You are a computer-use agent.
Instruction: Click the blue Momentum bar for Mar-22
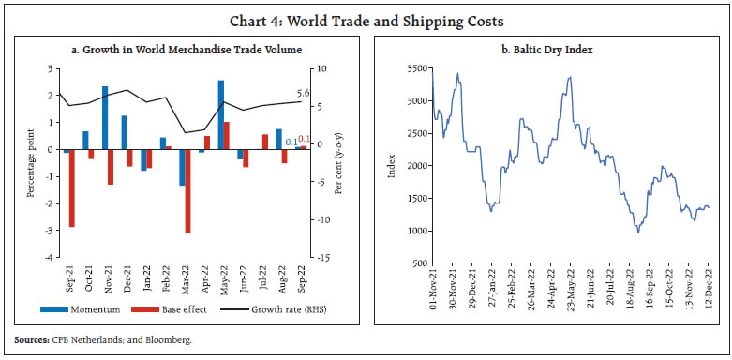pyautogui.click(x=182, y=168)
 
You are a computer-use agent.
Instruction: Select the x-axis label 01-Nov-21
pyautogui.click(x=432, y=290)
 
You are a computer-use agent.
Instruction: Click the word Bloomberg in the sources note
pyautogui.click(x=172, y=341)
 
